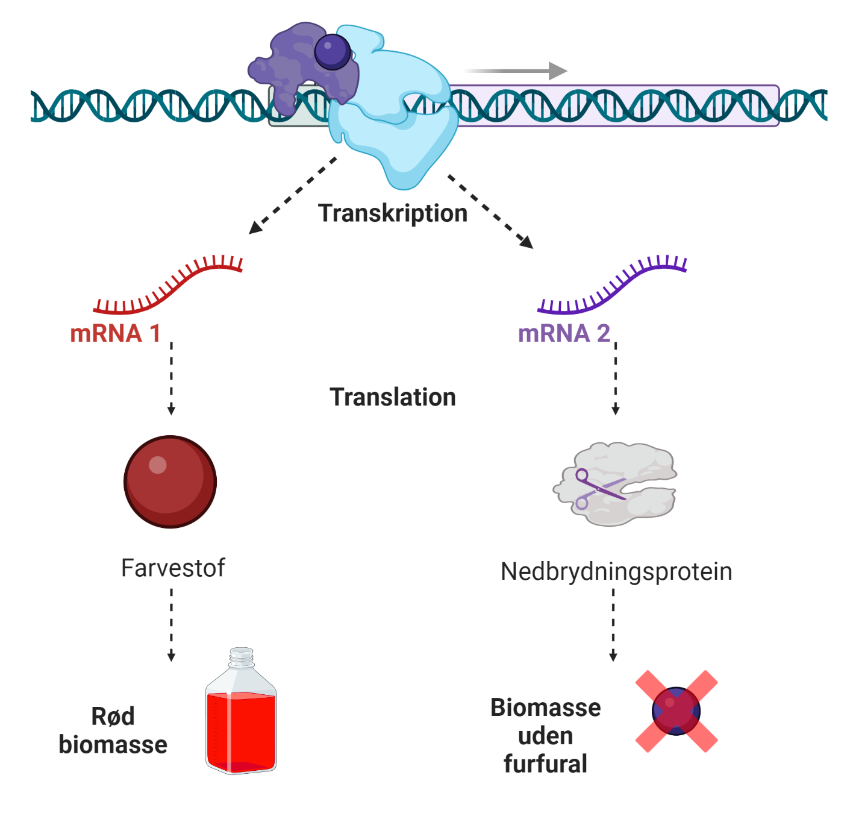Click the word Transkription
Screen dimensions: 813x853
pyautogui.click(x=393, y=213)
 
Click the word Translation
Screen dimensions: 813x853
pyautogui.click(x=393, y=397)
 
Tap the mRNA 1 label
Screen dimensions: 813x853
pyautogui.click(x=115, y=333)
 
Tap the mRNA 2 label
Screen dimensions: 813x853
pyautogui.click(x=564, y=333)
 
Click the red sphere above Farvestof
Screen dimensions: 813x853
pyautogui.click(x=170, y=482)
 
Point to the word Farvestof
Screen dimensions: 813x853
pyautogui.click(x=173, y=568)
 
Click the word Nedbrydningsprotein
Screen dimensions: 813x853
pyautogui.click(x=616, y=571)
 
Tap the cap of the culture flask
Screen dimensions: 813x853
pyautogui.click(x=242, y=656)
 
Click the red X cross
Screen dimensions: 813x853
pyautogui.click(x=676, y=711)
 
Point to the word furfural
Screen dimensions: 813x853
pyautogui.click(x=545, y=764)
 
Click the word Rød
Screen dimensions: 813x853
pyautogui.click(x=113, y=717)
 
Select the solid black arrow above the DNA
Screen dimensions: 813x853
pyautogui.click(x=516, y=71)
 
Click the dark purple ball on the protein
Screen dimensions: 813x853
pyautogui.click(x=332, y=51)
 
